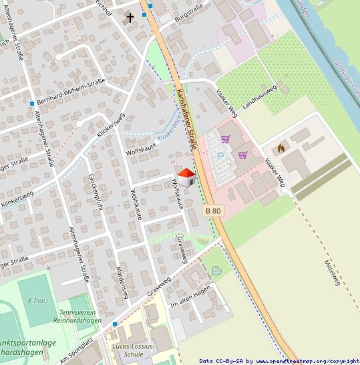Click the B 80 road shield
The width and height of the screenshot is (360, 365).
click(213, 211)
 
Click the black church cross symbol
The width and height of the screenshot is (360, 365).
click(130, 18)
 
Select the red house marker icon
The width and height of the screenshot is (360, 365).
click(186, 177)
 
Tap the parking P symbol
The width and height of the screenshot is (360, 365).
click(220, 156)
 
